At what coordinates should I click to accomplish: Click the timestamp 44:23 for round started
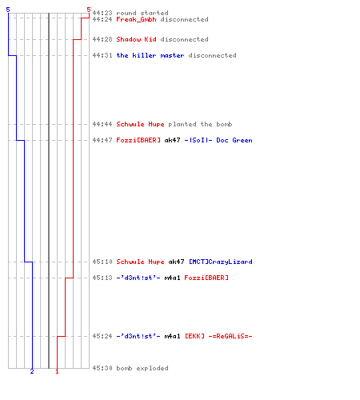102,13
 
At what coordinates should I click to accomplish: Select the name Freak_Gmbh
136,19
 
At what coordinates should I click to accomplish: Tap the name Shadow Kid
136,39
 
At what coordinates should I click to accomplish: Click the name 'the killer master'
150,55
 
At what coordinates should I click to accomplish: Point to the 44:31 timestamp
102,55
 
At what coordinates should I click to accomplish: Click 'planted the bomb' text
200,124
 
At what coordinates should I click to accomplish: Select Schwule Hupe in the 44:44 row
140,124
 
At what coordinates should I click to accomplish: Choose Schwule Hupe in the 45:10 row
140,262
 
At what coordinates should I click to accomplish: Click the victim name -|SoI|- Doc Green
218,140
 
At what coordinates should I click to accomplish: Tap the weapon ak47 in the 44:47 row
172,140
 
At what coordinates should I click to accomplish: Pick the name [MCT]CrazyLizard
221,262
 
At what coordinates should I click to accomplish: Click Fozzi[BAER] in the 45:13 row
206,278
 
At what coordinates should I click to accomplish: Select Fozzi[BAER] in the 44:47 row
138,140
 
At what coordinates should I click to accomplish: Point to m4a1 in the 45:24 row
172,336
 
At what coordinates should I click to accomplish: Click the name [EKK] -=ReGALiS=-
218,336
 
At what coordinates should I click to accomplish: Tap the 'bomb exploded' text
142,368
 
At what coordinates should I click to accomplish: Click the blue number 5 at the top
8,10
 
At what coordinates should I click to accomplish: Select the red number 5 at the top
89,10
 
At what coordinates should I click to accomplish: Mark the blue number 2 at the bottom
32,371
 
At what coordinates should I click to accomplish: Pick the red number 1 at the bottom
57,371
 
